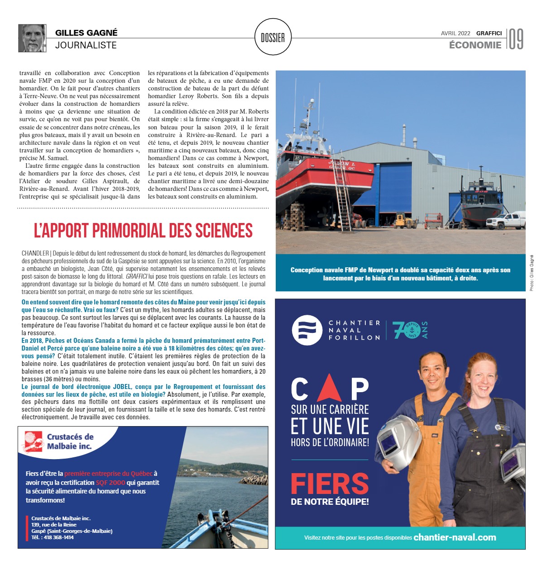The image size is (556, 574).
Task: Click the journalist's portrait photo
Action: point(32,38)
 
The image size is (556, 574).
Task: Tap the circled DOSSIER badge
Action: point(273,38)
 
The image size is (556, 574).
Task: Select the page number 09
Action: point(516,39)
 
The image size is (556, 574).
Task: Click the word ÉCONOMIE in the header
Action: point(475,45)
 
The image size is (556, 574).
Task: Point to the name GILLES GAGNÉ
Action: point(86,33)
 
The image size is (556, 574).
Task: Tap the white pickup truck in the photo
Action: point(506,221)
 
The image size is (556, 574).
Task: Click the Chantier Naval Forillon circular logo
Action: point(307,330)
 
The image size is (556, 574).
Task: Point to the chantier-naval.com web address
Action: point(455,537)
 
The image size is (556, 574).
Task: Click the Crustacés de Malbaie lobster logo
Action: point(33,441)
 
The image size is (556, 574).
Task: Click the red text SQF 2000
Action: point(110,482)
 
